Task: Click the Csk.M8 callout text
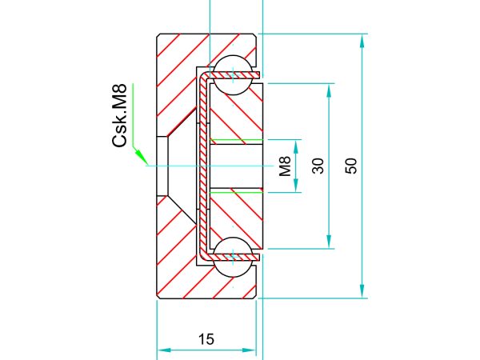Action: tap(119, 115)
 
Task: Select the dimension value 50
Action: tap(352, 166)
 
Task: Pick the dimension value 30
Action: tap(318, 166)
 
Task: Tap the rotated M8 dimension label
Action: tap(285, 166)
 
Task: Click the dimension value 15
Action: tap(206, 339)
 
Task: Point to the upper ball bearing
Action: tap(233, 75)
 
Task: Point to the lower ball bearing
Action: tap(233, 257)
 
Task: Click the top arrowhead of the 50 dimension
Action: tap(362, 41)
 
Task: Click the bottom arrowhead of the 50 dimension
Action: tap(362, 291)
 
